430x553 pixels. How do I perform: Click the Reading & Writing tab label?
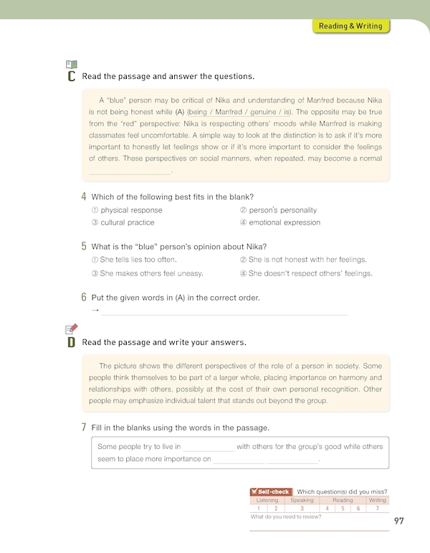351,27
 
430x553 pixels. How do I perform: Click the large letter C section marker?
71,76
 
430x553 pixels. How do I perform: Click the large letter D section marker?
71,342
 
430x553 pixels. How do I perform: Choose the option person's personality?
282,210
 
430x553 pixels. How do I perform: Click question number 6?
85,298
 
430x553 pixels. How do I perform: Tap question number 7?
85,428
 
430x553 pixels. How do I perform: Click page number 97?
399,520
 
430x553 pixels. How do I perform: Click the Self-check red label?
270,491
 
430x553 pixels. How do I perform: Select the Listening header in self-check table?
267,500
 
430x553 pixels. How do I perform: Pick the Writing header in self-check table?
377,500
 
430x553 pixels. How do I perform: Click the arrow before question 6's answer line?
95,311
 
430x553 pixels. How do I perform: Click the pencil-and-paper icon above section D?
71,329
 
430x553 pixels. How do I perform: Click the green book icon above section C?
71,63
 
